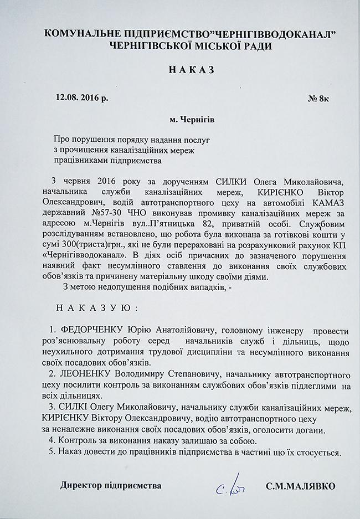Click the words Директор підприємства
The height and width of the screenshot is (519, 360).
point(111,486)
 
